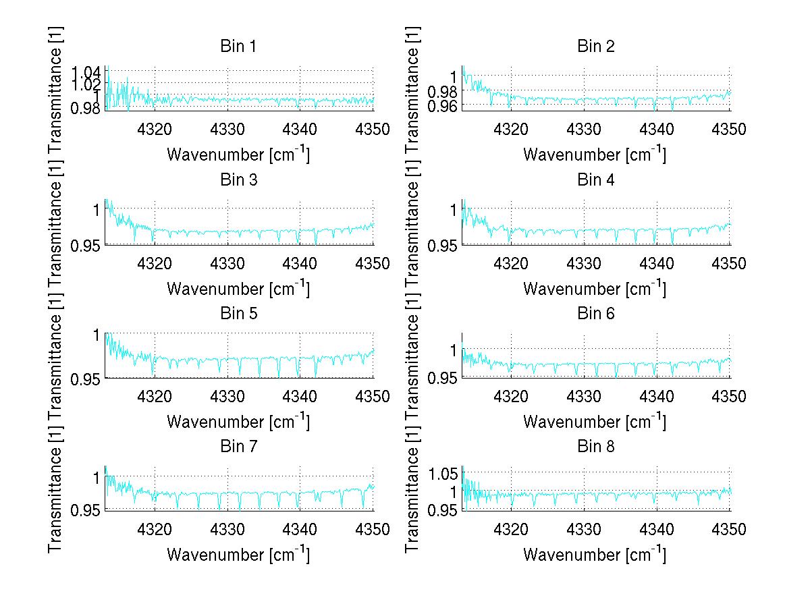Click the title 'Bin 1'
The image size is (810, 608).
[x=238, y=47]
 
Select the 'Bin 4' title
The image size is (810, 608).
[x=595, y=180]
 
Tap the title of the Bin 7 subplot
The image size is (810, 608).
[x=238, y=447]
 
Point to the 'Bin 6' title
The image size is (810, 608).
[x=595, y=313]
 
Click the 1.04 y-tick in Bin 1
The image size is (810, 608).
[x=88, y=72]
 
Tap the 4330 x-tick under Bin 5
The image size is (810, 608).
[x=227, y=396]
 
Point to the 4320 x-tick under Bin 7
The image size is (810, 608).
[x=155, y=530]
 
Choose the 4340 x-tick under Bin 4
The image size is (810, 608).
[x=657, y=262]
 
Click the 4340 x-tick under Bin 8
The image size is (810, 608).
[x=657, y=530]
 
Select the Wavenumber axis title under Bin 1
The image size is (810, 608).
[x=238, y=155]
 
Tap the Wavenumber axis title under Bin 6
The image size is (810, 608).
[x=595, y=422]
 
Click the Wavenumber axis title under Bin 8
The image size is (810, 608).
[x=595, y=555]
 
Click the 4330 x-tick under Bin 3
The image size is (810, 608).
[x=227, y=262]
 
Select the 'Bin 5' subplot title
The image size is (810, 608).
[x=238, y=313]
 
